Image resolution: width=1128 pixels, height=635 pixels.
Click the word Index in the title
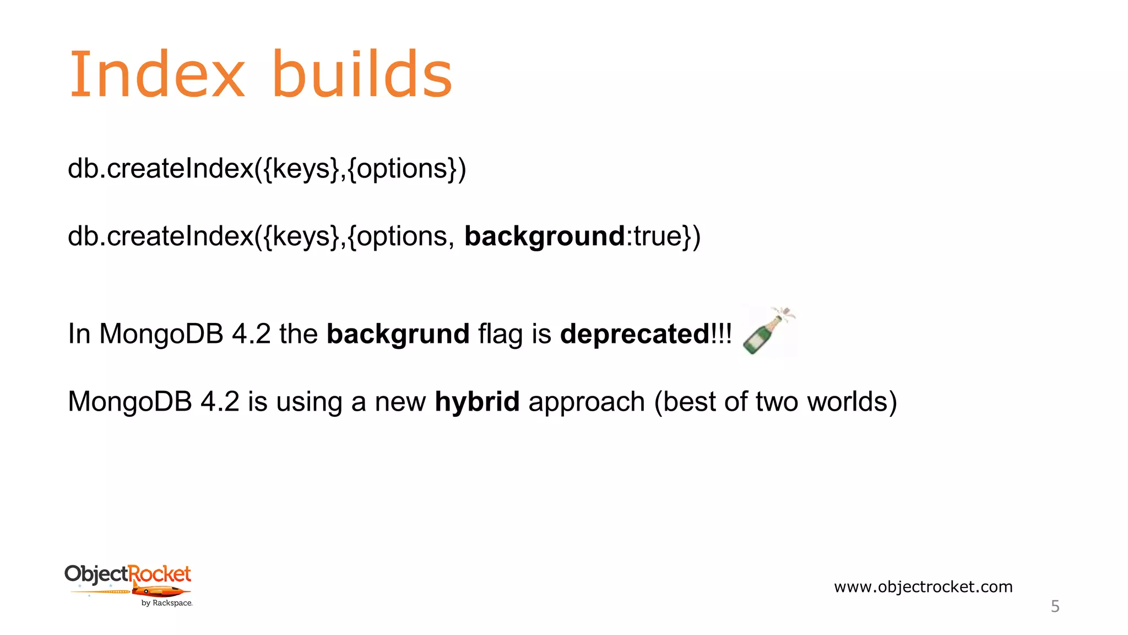pyautogui.click(x=156, y=74)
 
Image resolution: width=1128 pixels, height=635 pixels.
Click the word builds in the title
pyautogui.click(x=362, y=74)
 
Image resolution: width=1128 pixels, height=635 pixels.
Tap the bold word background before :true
pyautogui.click(x=544, y=236)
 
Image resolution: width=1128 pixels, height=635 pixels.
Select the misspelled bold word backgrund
pyautogui.click(x=398, y=334)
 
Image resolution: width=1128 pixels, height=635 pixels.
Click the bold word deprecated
pyautogui.click(x=634, y=334)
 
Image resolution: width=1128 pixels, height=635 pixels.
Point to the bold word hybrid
pyautogui.click(x=477, y=401)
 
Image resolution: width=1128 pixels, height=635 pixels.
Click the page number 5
pyautogui.click(x=1055, y=606)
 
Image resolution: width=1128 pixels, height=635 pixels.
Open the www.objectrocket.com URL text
pyautogui.click(x=923, y=586)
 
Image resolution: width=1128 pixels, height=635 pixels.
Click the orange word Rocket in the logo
pyautogui.click(x=160, y=574)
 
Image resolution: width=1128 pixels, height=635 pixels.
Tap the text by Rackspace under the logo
pyautogui.click(x=166, y=603)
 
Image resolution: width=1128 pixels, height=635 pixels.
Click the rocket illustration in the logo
pyautogui.click(x=159, y=592)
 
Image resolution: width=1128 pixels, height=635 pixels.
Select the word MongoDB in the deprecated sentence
pyautogui.click(x=161, y=334)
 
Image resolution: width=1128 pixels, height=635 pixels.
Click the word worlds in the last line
pyautogui.click(x=852, y=401)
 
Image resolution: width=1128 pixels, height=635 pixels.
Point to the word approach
pyautogui.click(x=586, y=402)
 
